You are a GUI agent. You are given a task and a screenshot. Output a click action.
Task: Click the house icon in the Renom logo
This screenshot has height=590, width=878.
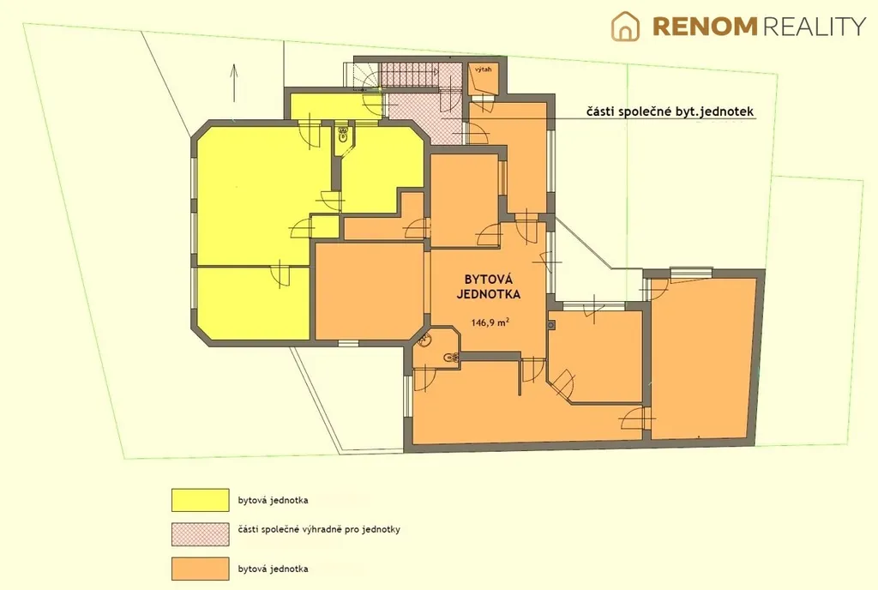(625, 27)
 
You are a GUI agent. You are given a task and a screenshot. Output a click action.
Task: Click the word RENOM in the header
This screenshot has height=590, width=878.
(705, 27)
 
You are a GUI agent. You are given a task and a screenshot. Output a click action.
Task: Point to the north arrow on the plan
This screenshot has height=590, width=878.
(234, 83)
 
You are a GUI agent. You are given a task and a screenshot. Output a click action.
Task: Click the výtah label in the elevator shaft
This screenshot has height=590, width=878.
(484, 69)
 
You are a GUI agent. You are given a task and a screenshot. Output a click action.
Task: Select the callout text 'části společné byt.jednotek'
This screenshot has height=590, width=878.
(671, 111)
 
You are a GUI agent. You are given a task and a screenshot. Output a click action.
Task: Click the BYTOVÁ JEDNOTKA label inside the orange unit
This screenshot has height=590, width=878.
(488, 286)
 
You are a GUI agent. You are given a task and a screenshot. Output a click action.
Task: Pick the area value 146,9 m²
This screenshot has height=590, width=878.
(490, 322)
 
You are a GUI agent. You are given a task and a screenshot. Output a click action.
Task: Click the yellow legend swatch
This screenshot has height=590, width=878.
(201, 500)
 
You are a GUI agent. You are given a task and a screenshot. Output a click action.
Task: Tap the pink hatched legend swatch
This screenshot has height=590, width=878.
(201, 534)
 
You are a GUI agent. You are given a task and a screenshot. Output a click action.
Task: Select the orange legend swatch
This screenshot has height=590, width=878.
(201, 569)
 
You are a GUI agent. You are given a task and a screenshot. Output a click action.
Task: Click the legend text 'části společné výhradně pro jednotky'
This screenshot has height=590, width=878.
(319, 529)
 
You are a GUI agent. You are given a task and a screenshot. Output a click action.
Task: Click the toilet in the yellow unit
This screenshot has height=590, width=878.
(344, 133)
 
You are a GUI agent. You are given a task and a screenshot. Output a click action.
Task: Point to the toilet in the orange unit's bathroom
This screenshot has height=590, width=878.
(451, 357)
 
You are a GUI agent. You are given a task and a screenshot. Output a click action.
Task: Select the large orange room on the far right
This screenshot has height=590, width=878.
(705, 358)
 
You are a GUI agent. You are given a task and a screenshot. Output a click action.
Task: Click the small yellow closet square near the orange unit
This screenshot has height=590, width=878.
(325, 226)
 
